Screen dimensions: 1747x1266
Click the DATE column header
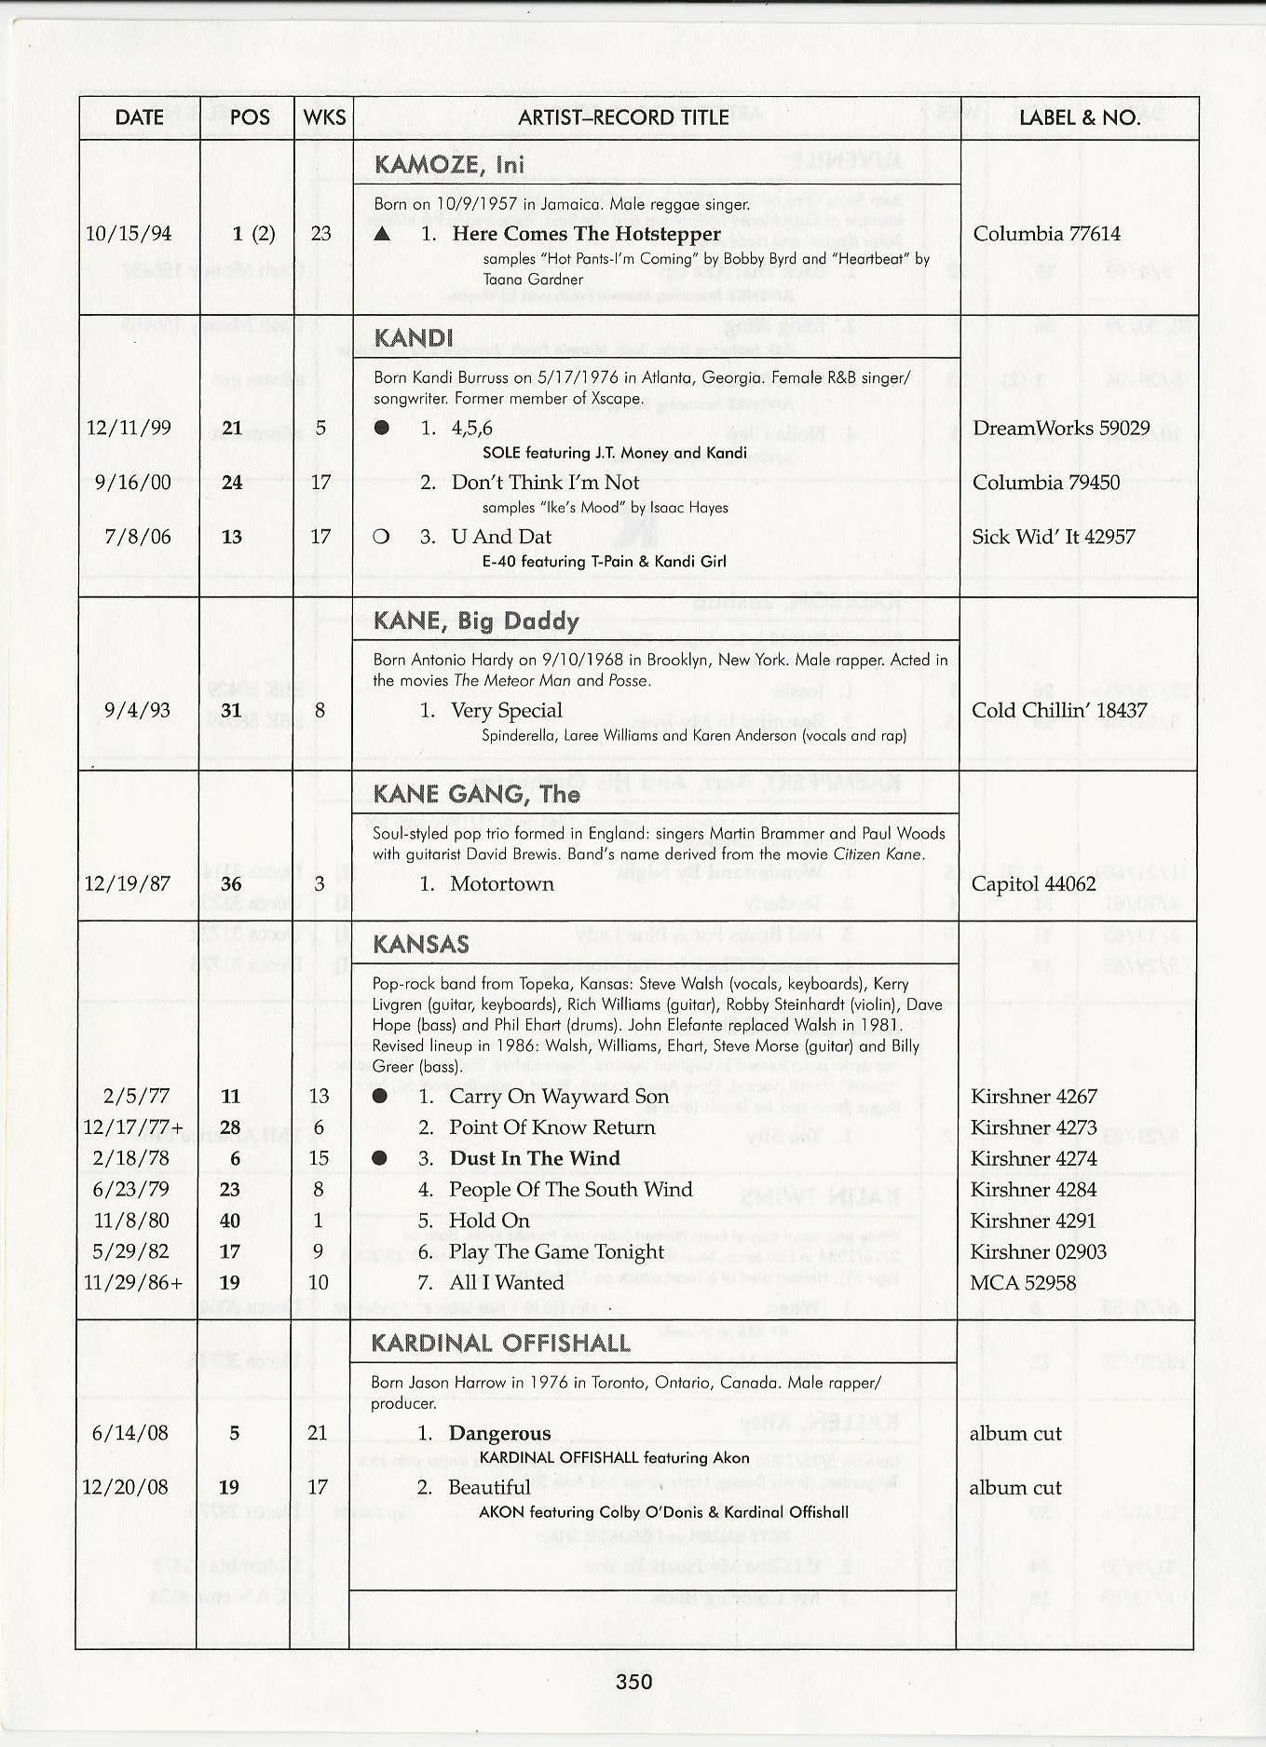click(x=139, y=117)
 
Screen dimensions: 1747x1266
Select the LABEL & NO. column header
click(x=1079, y=117)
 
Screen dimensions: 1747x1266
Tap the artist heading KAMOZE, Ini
click(x=449, y=165)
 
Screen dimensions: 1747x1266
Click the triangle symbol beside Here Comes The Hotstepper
click(x=381, y=234)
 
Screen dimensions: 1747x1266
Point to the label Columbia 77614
click(x=1046, y=234)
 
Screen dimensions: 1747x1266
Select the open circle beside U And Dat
click(x=380, y=537)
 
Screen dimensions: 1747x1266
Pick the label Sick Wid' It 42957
click(x=1053, y=537)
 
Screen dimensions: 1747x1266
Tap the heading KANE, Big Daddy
click(x=476, y=621)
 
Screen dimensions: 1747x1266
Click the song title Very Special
click(x=506, y=711)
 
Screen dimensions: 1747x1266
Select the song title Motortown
click(x=501, y=883)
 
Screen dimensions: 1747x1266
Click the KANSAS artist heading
click(x=420, y=945)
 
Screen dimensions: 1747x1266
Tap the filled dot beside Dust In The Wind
click(x=379, y=1158)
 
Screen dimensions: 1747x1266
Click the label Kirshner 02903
click(x=1038, y=1251)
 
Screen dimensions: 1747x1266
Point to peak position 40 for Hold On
click(x=230, y=1221)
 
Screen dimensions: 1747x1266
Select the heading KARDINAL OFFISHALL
click(x=500, y=1344)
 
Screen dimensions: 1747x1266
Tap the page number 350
click(x=633, y=1682)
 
